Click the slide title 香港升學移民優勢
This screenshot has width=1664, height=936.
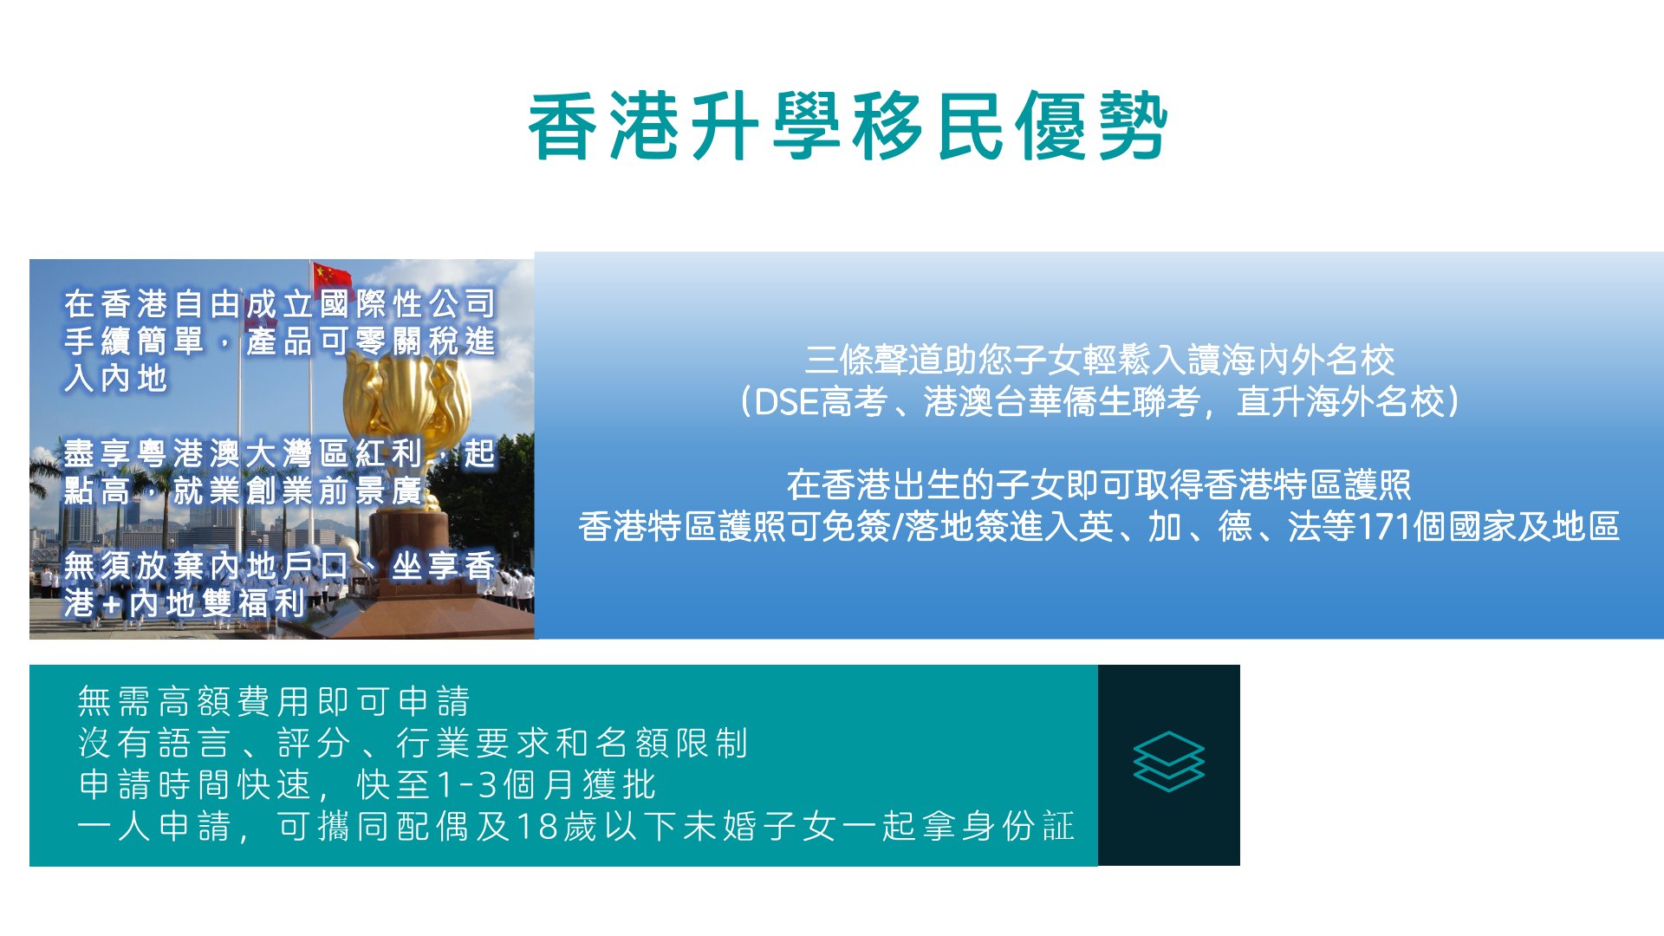(848, 127)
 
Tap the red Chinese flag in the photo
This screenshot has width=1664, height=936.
(332, 275)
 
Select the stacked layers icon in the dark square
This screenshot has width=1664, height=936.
(1168, 762)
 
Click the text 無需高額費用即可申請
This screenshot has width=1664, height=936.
(274, 701)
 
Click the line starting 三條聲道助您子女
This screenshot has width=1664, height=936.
(1099, 360)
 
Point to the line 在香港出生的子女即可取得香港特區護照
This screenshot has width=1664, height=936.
(1099, 485)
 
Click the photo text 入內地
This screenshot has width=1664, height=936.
(115, 379)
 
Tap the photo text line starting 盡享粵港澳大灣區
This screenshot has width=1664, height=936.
(279, 453)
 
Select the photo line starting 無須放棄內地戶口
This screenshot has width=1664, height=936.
(279, 566)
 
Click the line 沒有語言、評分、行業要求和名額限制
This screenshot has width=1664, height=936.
(413, 743)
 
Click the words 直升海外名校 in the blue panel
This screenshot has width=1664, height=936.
(1339, 402)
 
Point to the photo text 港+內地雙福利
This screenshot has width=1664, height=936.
(184, 603)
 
